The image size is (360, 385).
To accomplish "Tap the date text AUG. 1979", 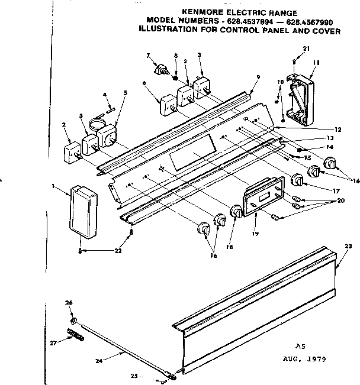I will [303, 359].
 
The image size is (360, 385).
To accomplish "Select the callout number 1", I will [54, 186].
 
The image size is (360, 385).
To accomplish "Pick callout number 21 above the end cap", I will [306, 48].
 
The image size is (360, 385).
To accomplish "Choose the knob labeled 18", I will [236, 212].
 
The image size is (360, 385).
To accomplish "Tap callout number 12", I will [337, 129].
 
